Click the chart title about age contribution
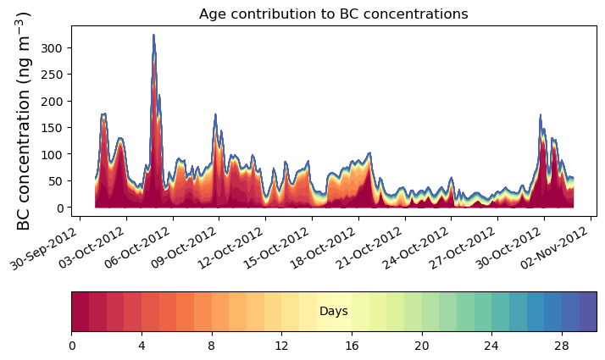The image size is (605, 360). tap(333, 14)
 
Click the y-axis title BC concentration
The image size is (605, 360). tap(24, 120)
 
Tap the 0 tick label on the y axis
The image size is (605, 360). tap(59, 208)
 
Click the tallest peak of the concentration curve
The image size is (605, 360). tap(153, 36)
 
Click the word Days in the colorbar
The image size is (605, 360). tap(333, 312)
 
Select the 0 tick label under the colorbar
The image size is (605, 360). tap(72, 346)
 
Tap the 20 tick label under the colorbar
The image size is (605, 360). tap(421, 346)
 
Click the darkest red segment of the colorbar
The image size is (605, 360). tap(80, 312)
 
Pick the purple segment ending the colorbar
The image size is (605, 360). tap(587, 312)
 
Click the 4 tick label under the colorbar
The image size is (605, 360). tap(142, 346)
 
